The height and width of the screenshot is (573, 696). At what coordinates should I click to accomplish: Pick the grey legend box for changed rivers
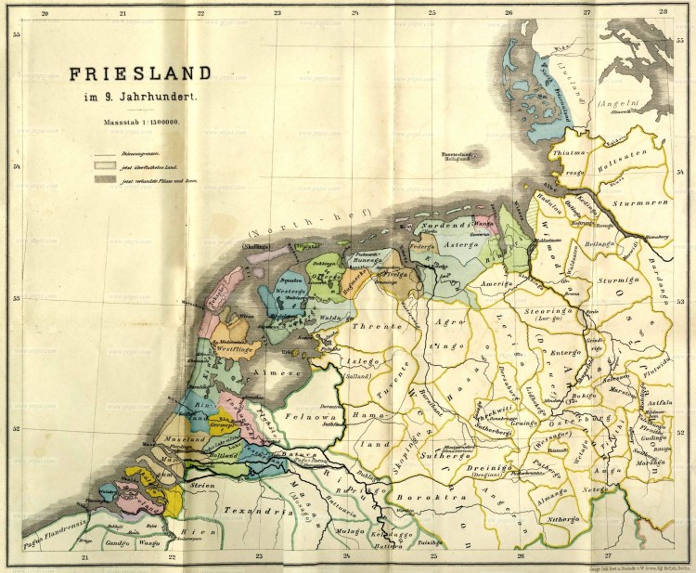point(101,179)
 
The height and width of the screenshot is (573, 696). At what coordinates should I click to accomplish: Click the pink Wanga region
point(483,223)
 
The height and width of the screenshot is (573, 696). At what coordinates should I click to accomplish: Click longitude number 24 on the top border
point(354,12)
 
